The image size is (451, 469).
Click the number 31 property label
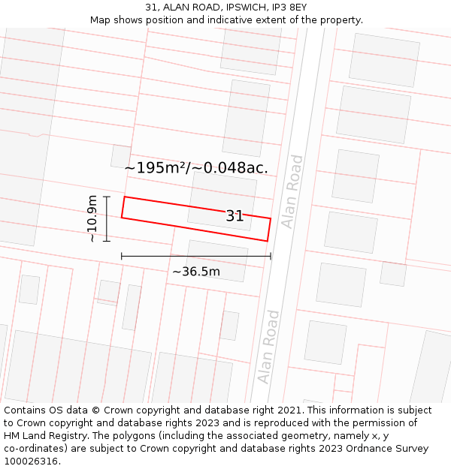[235, 216]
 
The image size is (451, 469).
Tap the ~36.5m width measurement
[196, 271]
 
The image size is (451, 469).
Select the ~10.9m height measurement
[92, 218]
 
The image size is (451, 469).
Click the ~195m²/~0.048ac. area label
[196, 167]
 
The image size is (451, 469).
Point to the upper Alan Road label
[292, 191]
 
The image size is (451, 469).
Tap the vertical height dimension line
[107, 218]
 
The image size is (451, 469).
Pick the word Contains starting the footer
[27, 410]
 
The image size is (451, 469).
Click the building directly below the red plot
[216, 260]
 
